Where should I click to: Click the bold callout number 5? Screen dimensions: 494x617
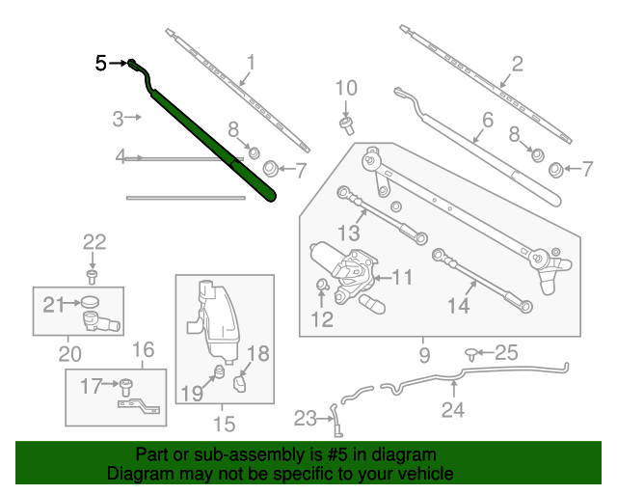[x=101, y=64]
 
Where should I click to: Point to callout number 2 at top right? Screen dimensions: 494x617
[x=518, y=65]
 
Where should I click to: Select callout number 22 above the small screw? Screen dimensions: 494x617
[x=93, y=242]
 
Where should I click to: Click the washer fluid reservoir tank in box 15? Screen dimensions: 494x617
[x=215, y=314]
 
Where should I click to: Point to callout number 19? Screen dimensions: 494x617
[x=192, y=392]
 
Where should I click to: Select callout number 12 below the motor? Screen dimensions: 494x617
[x=321, y=317]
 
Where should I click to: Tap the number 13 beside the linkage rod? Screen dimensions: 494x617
[x=348, y=233]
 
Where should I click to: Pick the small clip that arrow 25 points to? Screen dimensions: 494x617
[x=472, y=354]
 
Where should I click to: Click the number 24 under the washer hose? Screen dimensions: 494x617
[x=452, y=410]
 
